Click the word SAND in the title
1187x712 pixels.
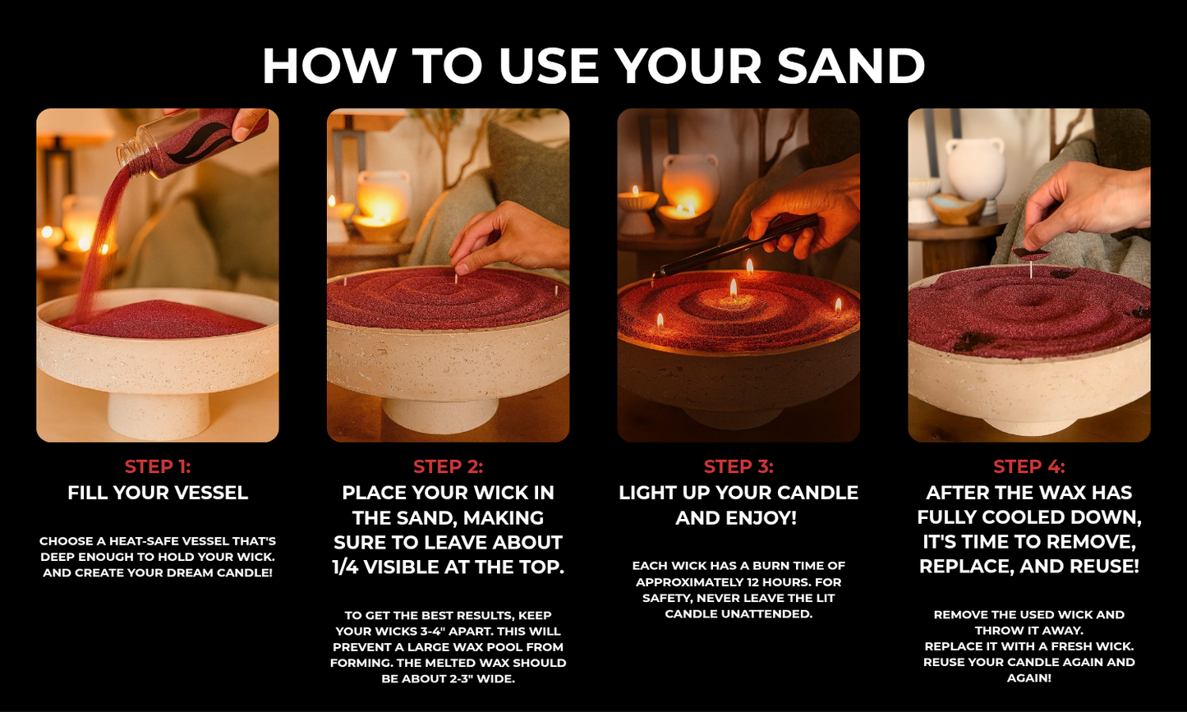point(851,66)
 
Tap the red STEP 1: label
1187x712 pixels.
point(158,466)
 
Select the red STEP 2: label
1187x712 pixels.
point(449,466)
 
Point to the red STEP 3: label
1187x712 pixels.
point(738,466)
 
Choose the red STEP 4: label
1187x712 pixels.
point(1029,466)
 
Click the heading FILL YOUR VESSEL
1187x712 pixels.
point(158,493)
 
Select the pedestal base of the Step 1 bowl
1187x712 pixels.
point(159,416)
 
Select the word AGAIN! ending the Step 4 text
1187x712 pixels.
point(1029,678)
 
